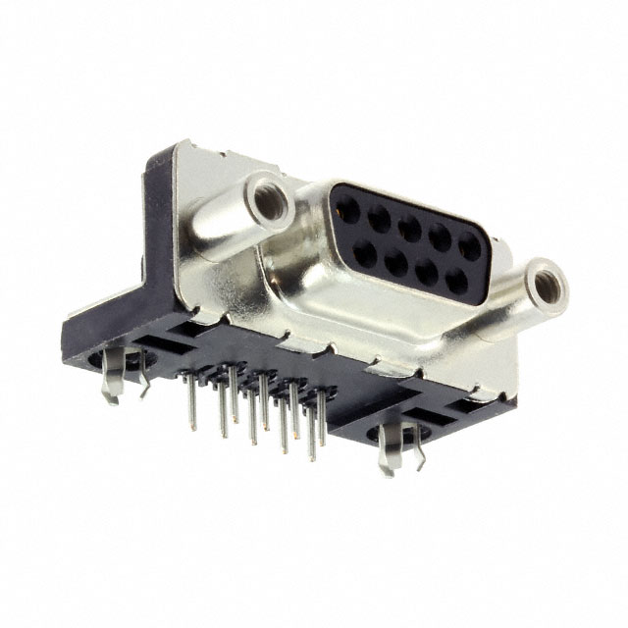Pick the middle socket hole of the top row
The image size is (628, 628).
(x=406, y=229)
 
